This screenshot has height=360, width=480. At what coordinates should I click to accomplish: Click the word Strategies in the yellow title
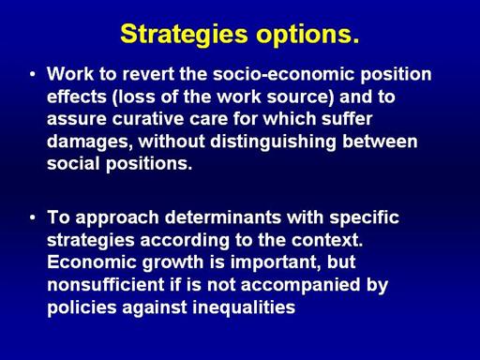tap(184, 35)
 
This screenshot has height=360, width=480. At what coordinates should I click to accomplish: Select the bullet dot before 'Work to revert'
tap(33, 74)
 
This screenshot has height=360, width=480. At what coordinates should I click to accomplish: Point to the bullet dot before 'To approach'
tap(33, 217)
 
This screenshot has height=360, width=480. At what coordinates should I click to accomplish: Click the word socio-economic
tap(284, 74)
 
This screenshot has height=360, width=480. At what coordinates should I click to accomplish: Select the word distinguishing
tap(273, 142)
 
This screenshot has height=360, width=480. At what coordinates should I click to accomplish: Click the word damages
tap(88, 142)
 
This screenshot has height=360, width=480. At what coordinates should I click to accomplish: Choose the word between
tap(380, 142)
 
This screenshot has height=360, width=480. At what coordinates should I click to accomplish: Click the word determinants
tap(223, 217)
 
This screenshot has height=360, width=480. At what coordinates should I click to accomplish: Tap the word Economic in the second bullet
tap(92, 262)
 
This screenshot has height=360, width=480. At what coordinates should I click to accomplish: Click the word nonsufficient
tap(106, 285)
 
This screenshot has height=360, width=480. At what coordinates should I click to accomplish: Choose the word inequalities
tap(244, 307)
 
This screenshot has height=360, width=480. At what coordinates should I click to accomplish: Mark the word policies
tap(82, 307)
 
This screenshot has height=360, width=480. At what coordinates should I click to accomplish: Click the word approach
tap(117, 218)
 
